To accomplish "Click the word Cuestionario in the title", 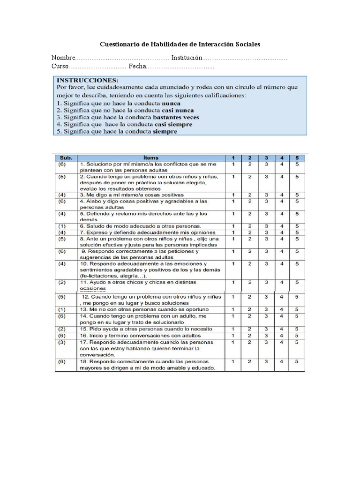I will click(x=119, y=44).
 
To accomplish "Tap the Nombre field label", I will click(x=63, y=58).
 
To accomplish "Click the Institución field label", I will click(x=187, y=58).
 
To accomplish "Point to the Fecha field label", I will click(x=135, y=67).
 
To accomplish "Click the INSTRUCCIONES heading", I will click(x=88, y=80).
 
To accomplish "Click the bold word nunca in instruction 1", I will click(x=171, y=103).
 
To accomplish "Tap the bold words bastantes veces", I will click(x=182, y=117).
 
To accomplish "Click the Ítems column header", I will click(x=151, y=157).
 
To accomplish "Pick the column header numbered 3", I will click(x=266, y=157).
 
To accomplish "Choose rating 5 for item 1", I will click(x=297, y=165).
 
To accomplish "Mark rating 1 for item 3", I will click(x=233, y=195).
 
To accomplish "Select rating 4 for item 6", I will click(x=282, y=225).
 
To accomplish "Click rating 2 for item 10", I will click(x=250, y=264).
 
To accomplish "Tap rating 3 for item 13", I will click(x=266, y=309).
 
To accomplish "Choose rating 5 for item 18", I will click(x=297, y=361).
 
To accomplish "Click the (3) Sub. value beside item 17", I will click(x=62, y=342).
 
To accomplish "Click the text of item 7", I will click(x=148, y=232).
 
